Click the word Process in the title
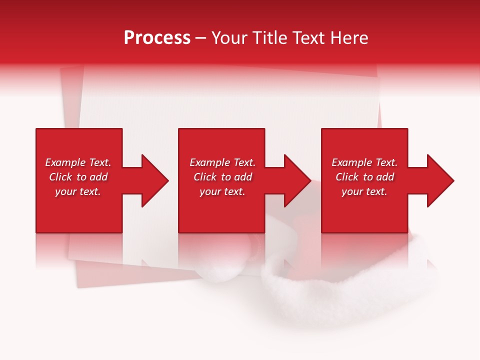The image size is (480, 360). point(157,38)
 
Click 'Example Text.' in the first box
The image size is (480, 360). point(78,162)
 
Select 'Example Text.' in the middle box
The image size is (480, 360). point(222,162)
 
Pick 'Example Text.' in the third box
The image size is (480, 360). point(364,162)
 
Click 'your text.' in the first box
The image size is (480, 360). point(78,191)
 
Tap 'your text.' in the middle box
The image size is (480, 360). point(222,191)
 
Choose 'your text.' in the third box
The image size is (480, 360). point(364,191)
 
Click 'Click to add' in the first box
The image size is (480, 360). point(78,177)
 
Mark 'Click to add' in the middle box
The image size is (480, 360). point(222,177)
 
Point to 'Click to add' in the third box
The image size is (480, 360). point(364,177)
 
